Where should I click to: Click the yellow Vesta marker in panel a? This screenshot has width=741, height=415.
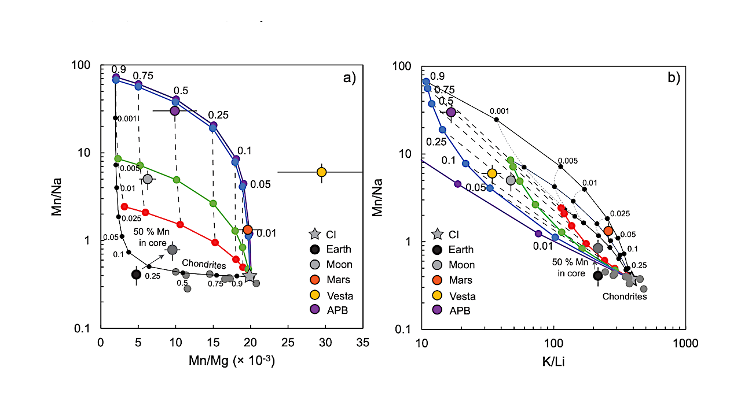(x=321, y=172)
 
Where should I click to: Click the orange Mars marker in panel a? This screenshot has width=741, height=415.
(x=248, y=229)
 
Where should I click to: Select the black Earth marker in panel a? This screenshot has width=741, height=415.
(x=136, y=275)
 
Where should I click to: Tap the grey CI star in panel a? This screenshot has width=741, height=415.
(x=250, y=276)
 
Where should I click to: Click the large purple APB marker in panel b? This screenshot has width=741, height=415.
(x=451, y=112)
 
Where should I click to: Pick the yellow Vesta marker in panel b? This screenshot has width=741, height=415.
(x=492, y=173)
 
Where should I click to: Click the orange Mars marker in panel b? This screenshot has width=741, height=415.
(x=608, y=231)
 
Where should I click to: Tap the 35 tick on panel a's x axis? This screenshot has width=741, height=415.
(x=362, y=342)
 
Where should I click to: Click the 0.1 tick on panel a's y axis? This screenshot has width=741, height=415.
(x=85, y=328)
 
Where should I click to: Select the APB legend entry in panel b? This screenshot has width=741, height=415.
(x=461, y=310)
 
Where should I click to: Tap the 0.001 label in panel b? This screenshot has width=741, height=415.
(x=499, y=111)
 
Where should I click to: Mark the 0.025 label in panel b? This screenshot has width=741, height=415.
(x=619, y=213)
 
